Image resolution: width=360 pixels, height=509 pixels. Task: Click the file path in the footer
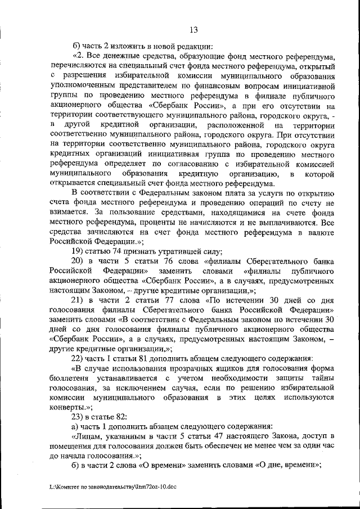113,488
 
